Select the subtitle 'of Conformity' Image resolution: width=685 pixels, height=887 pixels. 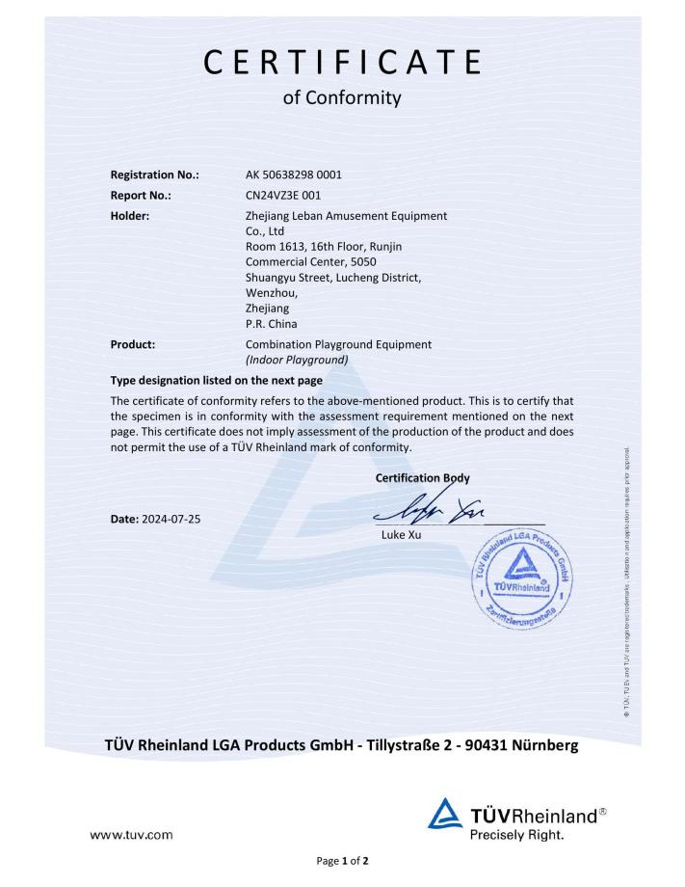pos(342,97)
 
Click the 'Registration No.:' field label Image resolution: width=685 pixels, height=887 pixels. pos(155,175)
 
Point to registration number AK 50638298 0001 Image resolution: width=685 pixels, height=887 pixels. pos(294,175)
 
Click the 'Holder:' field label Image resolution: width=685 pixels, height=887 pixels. pos(130,215)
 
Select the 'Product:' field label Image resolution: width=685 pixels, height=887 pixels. pos(133,343)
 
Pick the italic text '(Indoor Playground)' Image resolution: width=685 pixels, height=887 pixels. pos(297,360)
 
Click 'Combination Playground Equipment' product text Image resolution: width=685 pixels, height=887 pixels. pos(338,343)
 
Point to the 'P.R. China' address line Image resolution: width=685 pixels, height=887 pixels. pos(271,324)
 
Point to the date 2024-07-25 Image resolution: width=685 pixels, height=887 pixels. pos(171,519)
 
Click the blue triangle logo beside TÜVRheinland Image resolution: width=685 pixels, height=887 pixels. pos(445,818)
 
